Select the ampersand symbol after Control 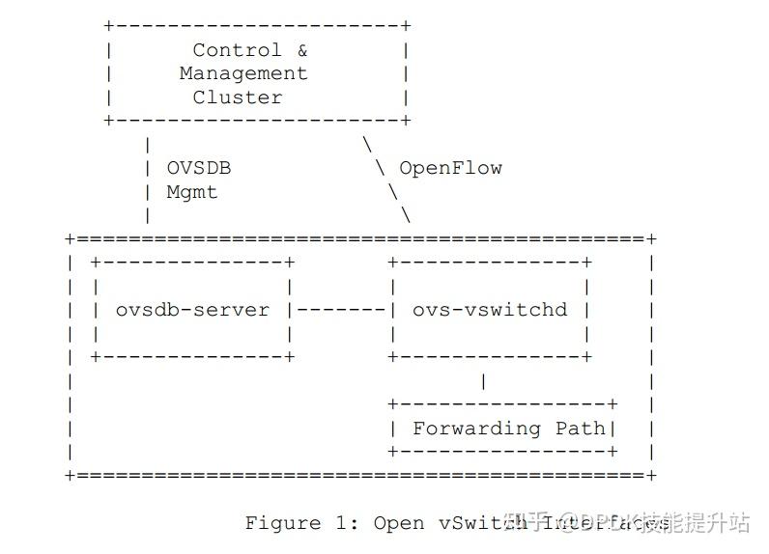301,50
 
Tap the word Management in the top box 243,73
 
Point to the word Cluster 237,97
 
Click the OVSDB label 199,168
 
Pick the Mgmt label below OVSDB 192,192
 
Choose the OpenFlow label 450,168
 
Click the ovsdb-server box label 192,310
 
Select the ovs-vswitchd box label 490,310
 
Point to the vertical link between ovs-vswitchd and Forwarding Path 483,381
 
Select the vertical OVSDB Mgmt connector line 147,180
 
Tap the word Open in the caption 398,523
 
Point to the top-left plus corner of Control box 108,26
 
